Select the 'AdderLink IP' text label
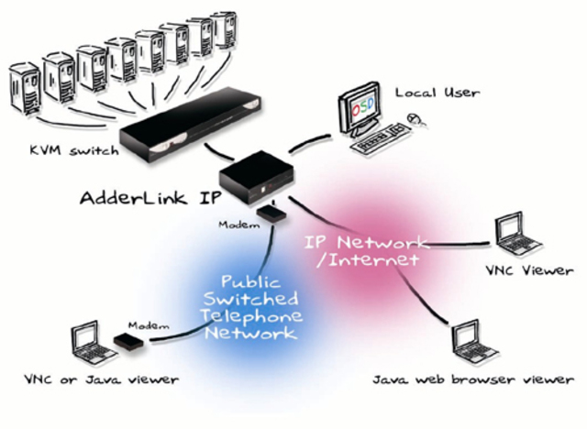click(x=147, y=197)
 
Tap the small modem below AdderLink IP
click(x=271, y=214)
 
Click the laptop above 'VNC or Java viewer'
click(x=88, y=340)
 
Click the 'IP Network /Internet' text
click(x=367, y=252)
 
